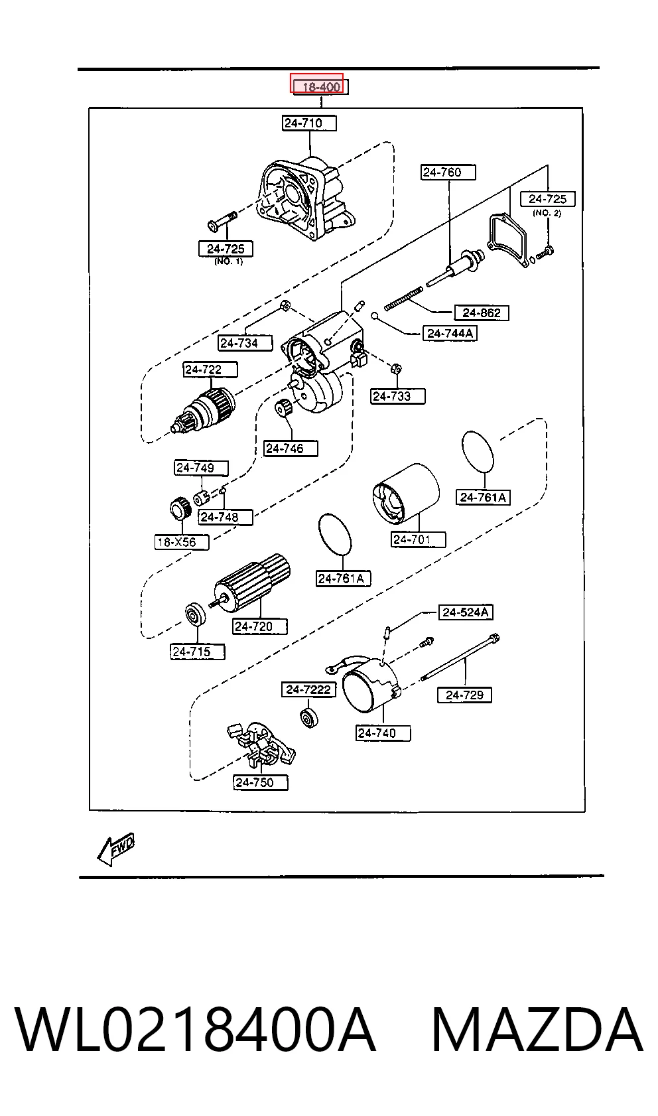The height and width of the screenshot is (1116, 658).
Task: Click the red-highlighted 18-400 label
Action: [317, 83]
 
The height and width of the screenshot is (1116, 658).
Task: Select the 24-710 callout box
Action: [309, 123]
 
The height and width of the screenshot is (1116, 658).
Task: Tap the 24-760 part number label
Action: [448, 173]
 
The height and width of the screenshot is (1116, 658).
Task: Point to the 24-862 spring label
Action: [482, 313]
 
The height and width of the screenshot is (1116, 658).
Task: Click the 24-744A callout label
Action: [450, 333]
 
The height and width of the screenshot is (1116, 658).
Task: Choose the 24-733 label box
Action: [398, 397]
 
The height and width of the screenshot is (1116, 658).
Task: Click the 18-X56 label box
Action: [182, 542]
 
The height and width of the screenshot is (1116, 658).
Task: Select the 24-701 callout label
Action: [419, 539]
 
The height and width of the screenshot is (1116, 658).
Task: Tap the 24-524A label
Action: [466, 612]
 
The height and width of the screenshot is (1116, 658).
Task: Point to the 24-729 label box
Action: [465, 695]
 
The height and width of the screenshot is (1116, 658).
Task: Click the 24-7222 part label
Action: [309, 689]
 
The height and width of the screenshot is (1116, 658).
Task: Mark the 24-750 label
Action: [261, 782]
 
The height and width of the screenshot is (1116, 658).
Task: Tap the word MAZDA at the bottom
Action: [537, 1030]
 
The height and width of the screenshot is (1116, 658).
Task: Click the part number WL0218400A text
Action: [195, 1030]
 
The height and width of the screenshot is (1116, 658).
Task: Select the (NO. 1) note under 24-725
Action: [229, 261]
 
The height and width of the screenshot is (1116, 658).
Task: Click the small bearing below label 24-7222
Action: [309, 718]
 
